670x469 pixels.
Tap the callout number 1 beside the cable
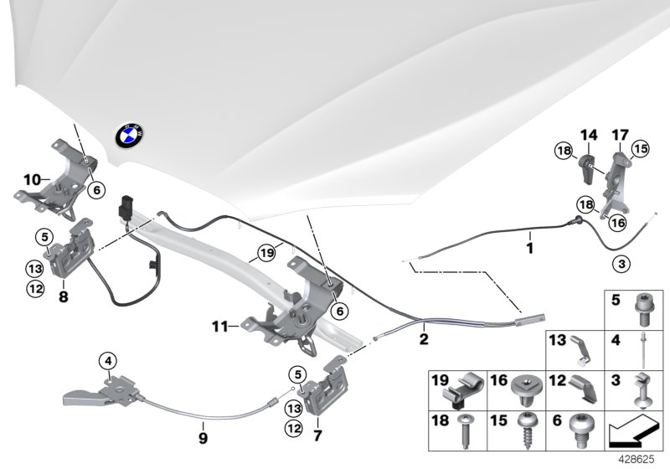click(x=528, y=248)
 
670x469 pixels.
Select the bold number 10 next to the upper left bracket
click(x=31, y=178)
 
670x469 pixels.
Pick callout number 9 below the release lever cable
click(x=203, y=435)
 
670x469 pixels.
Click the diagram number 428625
click(x=640, y=460)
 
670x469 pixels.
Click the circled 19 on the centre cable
click(x=266, y=251)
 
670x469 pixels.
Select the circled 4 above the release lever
click(x=107, y=362)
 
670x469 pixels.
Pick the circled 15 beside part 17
click(x=642, y=148)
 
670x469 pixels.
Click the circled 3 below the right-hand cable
click(x=619, y=264)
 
